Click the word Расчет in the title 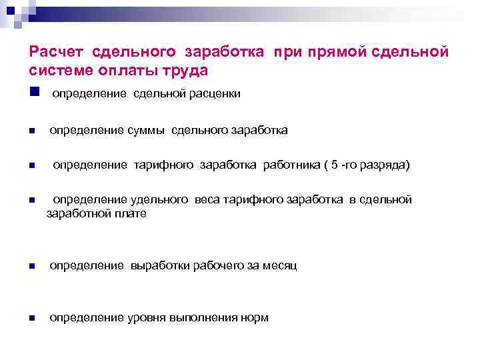57,52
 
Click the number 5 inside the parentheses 335,165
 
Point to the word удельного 159,199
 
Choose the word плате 131,214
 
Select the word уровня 146,318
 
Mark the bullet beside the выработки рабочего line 31,267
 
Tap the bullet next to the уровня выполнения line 31,319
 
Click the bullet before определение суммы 31,131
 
